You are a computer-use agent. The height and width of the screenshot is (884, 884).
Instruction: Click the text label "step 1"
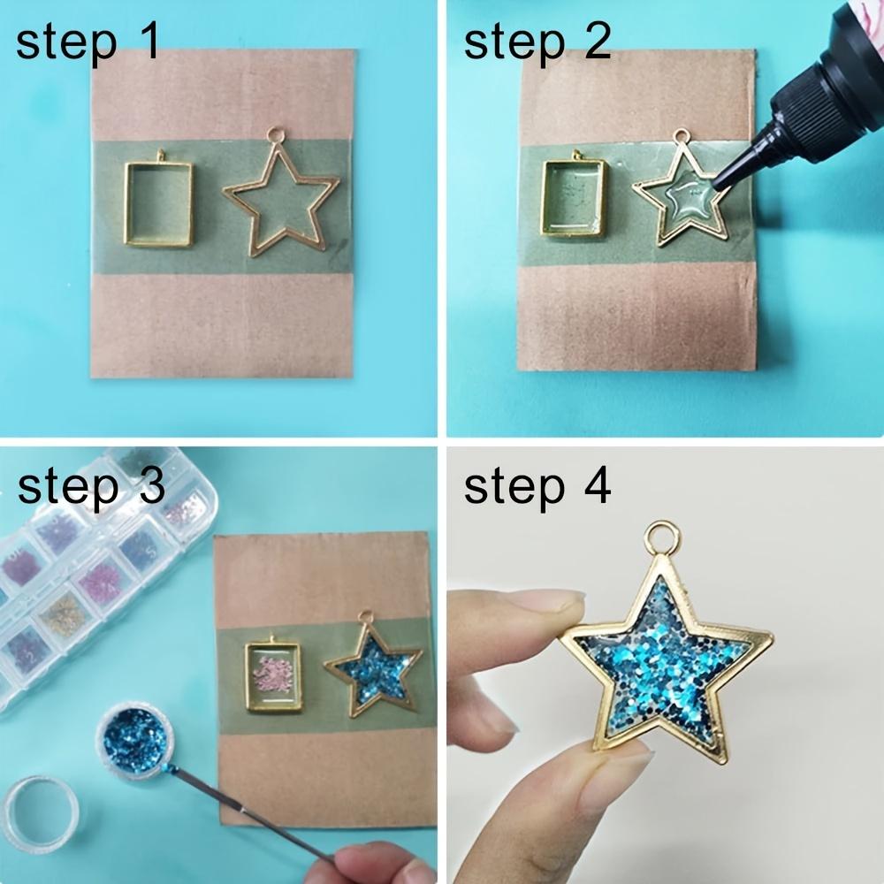click(88, 42)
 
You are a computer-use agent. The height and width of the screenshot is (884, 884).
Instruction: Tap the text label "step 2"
click(537, 42)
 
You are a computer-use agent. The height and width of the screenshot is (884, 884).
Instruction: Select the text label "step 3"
click(91, 485)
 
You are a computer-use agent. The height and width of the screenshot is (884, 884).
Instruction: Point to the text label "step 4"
click(537, 485)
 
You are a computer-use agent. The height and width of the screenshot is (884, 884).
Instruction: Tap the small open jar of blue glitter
click(135, 742)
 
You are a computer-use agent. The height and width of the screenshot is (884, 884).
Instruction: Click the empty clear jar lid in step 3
click(41, 812)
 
